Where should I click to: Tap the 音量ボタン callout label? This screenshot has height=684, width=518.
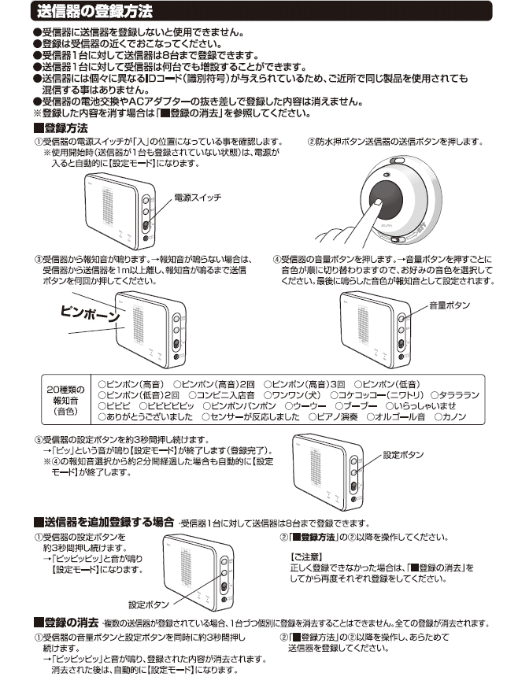coord(449,304)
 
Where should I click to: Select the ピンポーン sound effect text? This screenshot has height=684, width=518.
coord(91,312)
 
